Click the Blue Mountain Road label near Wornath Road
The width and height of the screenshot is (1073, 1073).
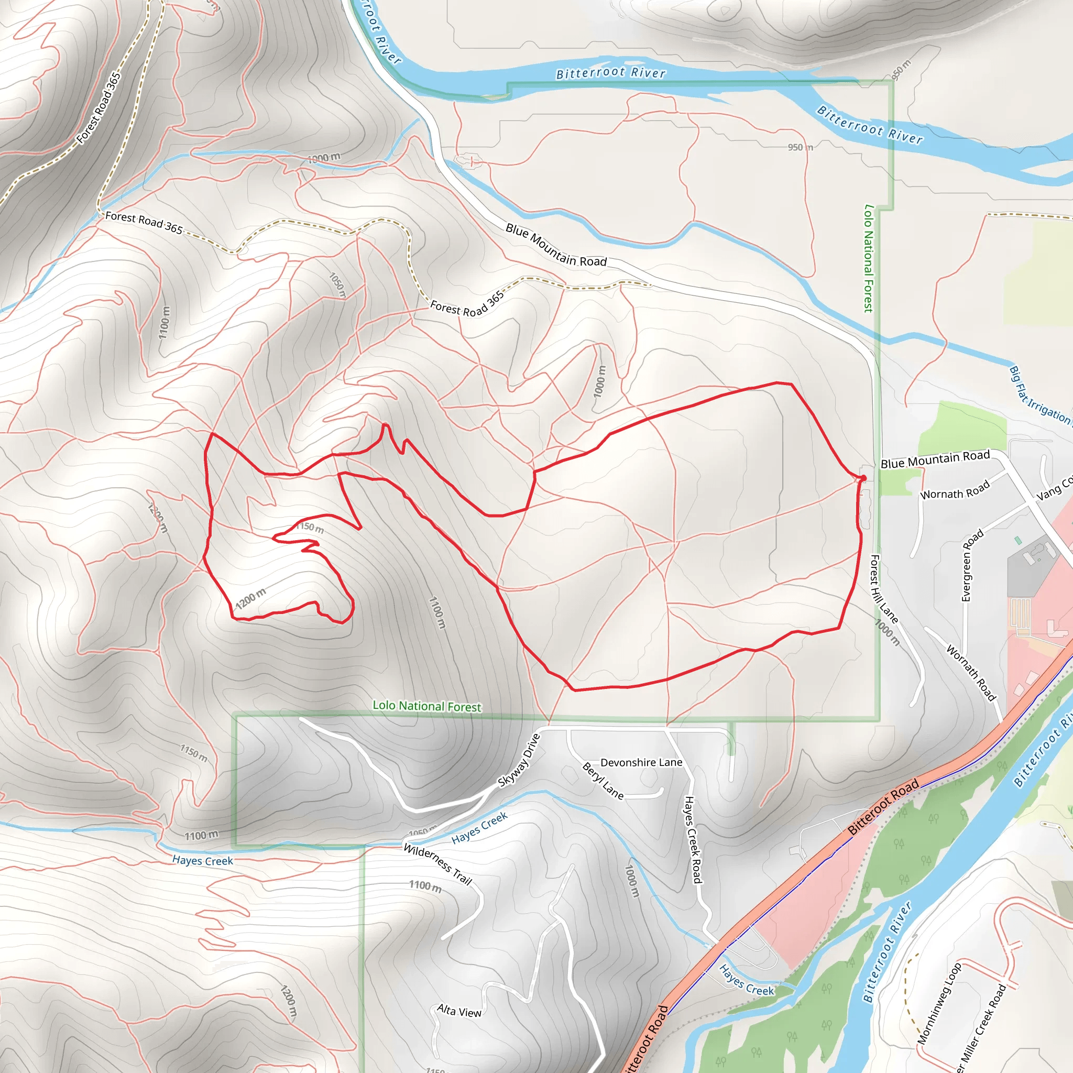[x=935, y=459]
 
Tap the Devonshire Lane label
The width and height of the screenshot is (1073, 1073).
[x=641, y=762]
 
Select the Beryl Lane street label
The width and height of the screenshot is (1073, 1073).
[x=603, y=781]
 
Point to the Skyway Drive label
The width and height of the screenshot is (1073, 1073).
[x=519, y=760]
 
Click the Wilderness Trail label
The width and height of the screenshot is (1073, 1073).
[x=437, y=864]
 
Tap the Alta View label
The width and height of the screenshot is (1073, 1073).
[x=459, y=1011]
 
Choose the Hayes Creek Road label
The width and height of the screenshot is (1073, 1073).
[x=693, y=839]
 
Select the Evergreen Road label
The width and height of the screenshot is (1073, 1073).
[x=971, y=565]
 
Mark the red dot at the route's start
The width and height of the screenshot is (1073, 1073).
[x=863, y=478]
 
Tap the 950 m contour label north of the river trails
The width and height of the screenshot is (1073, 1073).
[x=800, y=147]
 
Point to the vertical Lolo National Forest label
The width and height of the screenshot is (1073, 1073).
[x=869, y=258]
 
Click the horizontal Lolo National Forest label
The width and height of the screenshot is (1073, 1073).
[x=426, y=706]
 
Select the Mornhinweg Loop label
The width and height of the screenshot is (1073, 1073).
[x=938, y=1003]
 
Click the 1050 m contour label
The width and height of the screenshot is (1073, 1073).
[x=337, y=285]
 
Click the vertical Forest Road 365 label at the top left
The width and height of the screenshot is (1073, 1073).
[x=99, y=108]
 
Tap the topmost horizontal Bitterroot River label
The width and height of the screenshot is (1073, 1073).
[x=610, y=73]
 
